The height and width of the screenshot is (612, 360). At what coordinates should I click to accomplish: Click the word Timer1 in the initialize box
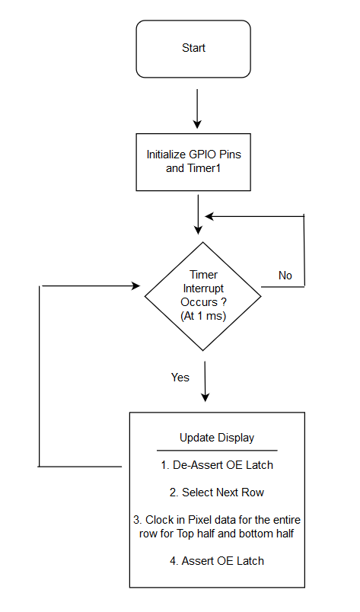[204, 168]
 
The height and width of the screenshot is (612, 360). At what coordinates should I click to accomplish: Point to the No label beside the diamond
[285, 276]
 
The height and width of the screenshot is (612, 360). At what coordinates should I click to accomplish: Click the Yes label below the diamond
[180, 378]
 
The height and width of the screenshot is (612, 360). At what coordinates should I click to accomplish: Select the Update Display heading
[217, 438]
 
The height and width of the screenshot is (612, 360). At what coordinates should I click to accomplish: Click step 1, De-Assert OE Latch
[217, 465]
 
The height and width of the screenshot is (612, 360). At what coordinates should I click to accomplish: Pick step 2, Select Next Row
[217, 492]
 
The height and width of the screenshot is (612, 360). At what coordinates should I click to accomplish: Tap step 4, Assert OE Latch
[217, 561]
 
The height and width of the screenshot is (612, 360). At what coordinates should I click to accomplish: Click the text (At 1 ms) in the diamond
[203, 316]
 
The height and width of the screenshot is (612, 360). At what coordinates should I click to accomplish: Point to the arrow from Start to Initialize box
[197, 109]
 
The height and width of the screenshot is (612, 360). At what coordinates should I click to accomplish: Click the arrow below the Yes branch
[205, 381]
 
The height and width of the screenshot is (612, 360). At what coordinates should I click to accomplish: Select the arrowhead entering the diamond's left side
[136, 286]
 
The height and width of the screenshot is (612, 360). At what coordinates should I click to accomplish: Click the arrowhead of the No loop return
[209, 216]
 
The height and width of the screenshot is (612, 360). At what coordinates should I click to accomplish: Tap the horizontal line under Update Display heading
[217, 451]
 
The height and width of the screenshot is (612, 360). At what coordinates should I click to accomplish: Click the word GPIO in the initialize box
[202, 155]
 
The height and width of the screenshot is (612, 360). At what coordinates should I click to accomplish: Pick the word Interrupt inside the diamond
[203, 288]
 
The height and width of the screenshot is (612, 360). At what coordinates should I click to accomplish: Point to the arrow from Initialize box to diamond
[199, 215]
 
